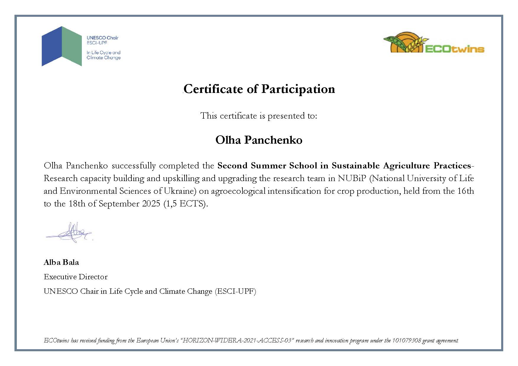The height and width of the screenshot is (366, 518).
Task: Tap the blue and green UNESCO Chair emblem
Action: pos(62,46)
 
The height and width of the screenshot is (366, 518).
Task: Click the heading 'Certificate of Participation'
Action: pos(259,89)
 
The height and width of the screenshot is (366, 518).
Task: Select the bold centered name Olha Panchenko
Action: pos(259,140)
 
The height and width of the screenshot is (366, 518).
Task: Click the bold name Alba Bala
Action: pos(61,262)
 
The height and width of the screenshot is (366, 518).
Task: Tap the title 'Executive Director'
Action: pos(76,277)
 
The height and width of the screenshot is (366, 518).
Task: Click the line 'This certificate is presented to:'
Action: pos(259,116)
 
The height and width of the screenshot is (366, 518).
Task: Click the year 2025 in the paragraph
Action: pos(151,204)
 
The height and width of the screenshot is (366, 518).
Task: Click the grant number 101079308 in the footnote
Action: pos(406,340)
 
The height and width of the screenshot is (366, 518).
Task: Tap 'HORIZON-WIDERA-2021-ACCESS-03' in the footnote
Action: pos(238,340)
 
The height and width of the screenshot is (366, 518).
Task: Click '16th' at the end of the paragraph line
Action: pos(465,191)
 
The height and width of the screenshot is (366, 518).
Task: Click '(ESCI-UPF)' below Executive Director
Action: pos(235,291)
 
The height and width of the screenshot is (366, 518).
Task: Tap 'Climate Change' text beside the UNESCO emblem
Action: pos(104,58)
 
